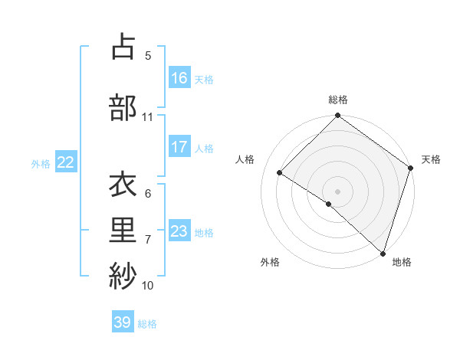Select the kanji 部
(123, 107)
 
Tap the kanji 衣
(123, 186)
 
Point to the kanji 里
(123, 231)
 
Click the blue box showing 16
(179, 78)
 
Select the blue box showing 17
(179, 147)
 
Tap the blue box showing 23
(179, 231)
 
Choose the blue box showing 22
(66, 162)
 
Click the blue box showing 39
(123, 322)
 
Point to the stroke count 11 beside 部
(147, 117)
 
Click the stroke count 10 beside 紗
(147, 286)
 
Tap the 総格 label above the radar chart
(337, 100)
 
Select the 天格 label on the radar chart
(431, 159)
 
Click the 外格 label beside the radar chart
(270, 262)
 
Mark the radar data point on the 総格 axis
(337, 116)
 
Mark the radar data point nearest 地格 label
(383, 253)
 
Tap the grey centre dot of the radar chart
(337, 191)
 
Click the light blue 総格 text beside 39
(147, 324)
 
